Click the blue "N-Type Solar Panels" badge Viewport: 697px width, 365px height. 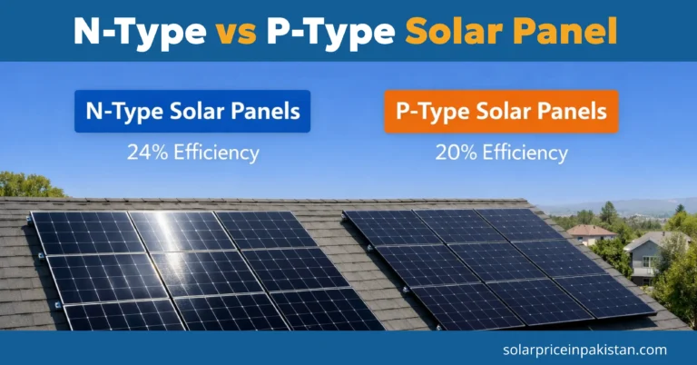pos(192,112)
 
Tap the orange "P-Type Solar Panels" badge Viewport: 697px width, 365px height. pos(501,112)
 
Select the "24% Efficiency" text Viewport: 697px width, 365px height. pos(192,152)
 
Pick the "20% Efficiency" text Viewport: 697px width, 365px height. pos(501,152)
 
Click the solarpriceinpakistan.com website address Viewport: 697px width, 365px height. pos(584,349)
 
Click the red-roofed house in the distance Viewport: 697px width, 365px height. pos(591,233)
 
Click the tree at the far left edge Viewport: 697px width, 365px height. pos(23,185)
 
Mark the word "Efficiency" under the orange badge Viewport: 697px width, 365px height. pos(525,152)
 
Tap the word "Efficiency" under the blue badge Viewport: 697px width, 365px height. pos(217,152)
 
